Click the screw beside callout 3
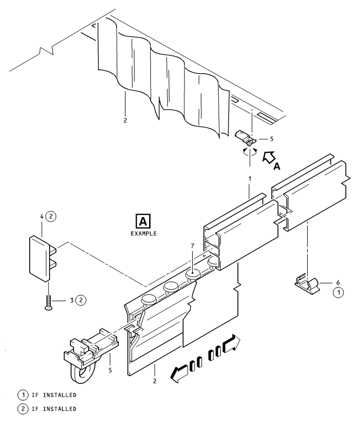(x=48, y=303)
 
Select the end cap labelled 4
(x=42, y=259)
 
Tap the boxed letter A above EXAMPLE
(x=143, y=221)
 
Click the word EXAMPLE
(x=144, y=234)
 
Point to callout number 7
(x=192, y=246)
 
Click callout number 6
(x=338, y=283)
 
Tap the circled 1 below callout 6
(x=339, y=293)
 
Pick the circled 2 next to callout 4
(x=51, y=216)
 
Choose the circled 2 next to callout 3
(x=80, y=300)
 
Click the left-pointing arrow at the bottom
(x=179, y=374)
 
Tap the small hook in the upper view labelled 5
(x=246, y=139)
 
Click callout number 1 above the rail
(x=249, y=179)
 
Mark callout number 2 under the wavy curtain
(x=125, y=120)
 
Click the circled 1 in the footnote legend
(x=23, y=395)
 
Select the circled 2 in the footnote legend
(x=23, y=409)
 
